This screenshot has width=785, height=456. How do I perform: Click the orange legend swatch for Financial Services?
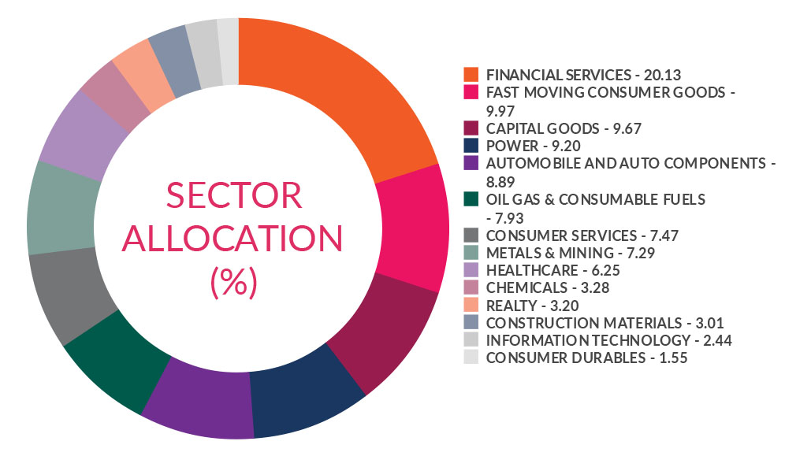[471, 75]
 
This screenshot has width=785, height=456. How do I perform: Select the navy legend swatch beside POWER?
[471, 145]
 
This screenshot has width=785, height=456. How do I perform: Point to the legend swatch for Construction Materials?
[471, 323]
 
